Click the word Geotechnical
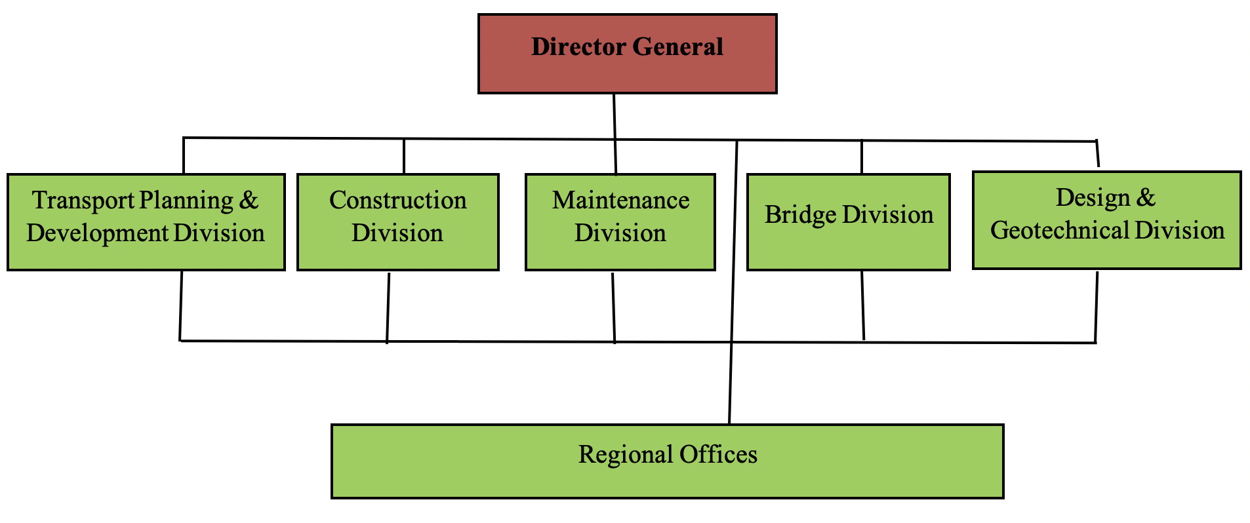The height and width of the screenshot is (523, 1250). (1060, 231)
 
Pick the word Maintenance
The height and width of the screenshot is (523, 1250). (620, 201)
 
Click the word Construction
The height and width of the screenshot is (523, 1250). (397, 201)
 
